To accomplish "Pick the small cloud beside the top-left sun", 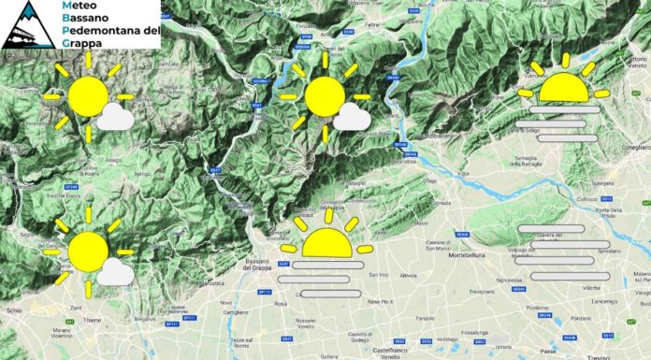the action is point(117,117).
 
